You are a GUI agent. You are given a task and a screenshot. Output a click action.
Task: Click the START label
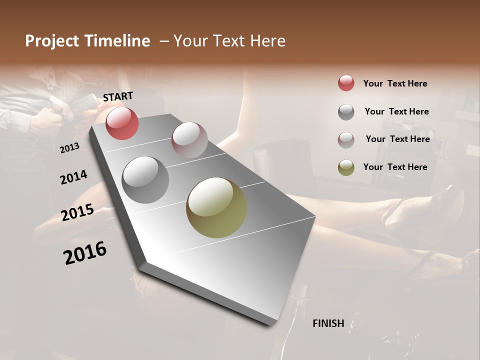point(118,96)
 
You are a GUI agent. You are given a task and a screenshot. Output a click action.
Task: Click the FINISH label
point(328,323)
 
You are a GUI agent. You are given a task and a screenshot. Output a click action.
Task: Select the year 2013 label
point(69,147)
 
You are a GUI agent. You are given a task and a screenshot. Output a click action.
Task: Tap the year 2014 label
point(74,177)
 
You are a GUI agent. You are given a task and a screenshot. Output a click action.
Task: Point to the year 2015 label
point(77,212)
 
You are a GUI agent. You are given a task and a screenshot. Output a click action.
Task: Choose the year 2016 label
point(85,252)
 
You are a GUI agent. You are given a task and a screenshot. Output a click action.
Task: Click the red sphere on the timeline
point(122,123)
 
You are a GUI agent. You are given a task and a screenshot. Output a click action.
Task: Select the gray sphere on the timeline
point(145,179)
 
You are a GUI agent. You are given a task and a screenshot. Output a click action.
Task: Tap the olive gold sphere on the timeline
point(216,207)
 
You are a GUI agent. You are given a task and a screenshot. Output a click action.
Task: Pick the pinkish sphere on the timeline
point(189,139)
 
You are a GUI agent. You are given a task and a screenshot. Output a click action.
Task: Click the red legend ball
point(346,83)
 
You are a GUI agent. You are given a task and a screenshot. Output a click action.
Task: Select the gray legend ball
point(346,111)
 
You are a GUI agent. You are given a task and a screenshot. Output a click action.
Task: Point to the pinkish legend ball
point(346,139)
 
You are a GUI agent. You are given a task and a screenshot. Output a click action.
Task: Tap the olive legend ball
point(346,167)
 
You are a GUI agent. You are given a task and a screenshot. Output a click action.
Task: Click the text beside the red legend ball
point(395,83)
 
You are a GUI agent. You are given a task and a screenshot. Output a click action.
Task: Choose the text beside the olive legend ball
point(395,167)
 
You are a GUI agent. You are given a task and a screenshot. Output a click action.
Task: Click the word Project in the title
point(52,41)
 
